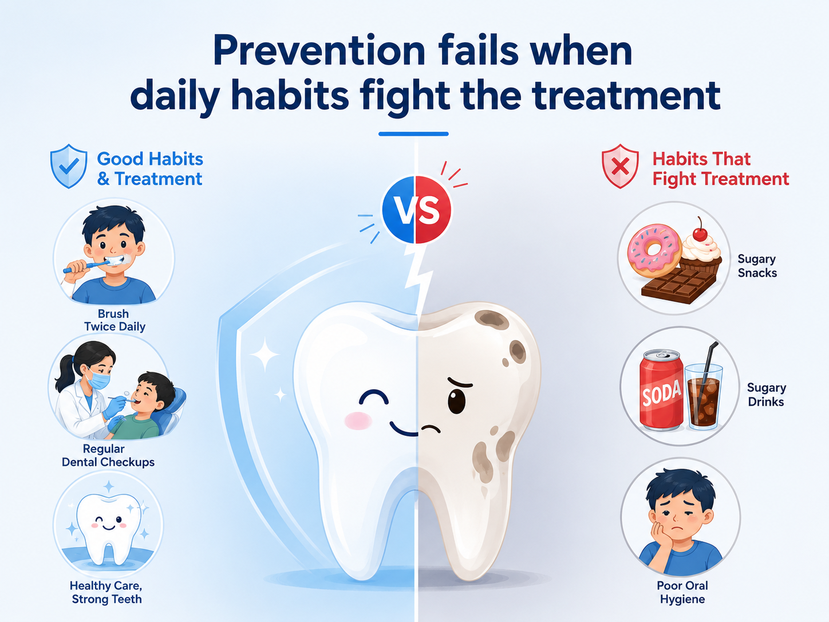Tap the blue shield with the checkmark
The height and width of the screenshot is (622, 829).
pyautogui.click(x=69, y=166)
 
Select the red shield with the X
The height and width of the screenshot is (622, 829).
pyautogui.click(x=620, y=166)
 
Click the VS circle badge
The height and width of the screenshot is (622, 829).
pyautogui.click(x=416, y=209)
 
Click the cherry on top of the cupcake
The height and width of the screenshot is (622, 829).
pyautogui.click(x=700, y=233)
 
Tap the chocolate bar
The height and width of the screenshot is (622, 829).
pyautogui.click(x=678, y=284)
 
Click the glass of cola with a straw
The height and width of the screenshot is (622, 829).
pyautogui.click(x=703, y=396)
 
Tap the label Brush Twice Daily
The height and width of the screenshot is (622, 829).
pyautogui.click(x=114, y=320)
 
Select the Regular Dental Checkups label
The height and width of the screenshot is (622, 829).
pyautogui.click(x=108, y=455)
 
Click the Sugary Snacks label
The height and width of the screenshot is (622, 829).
pyautogui.click(x=757, y=266)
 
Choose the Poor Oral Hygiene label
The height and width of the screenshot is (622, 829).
pyautogui.click(x=682, y=592)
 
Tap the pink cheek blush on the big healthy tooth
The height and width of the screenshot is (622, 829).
pyautogui.click(x=358, y=421)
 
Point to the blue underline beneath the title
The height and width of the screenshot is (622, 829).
pyautogui.click(x=413, y=133)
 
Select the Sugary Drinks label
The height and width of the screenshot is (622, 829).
pyautogui.click(x=766, y=394)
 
